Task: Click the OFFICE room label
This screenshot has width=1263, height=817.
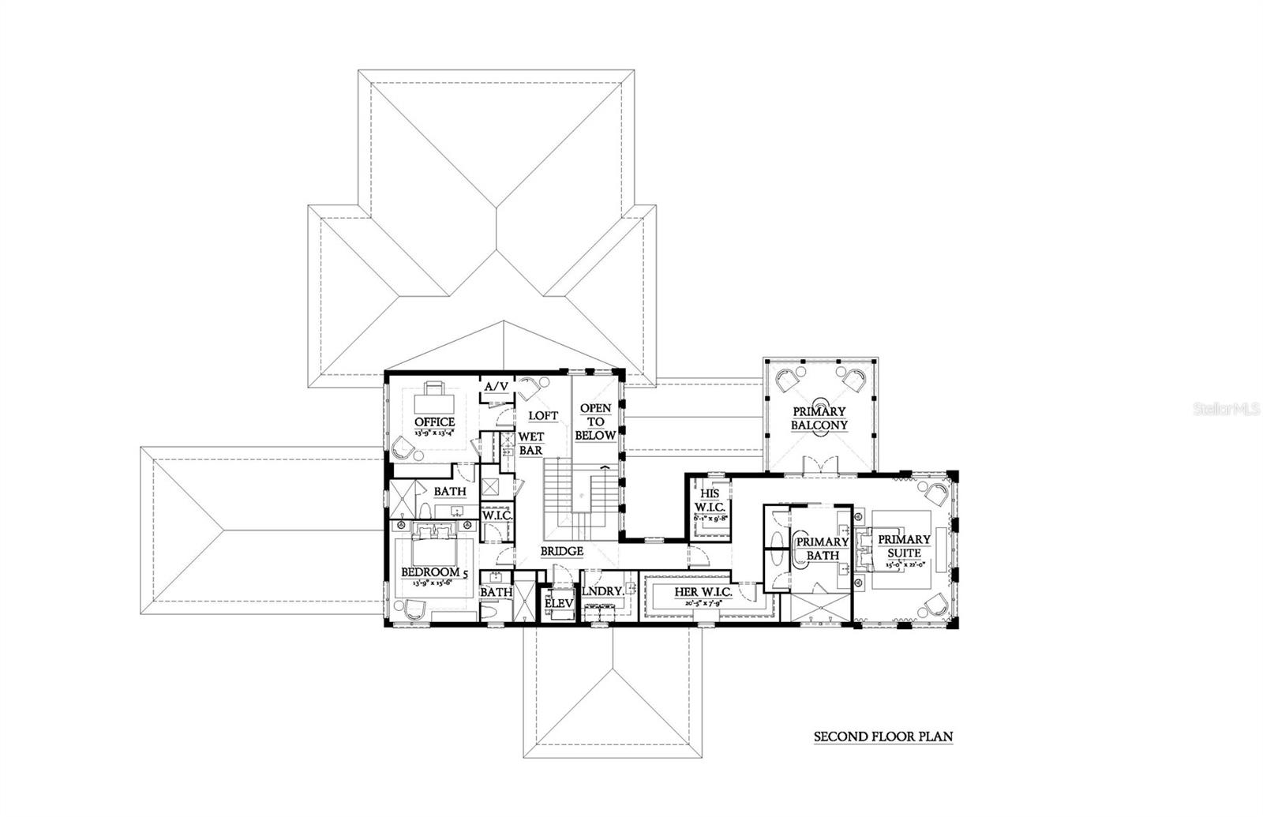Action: [x=433, y=422]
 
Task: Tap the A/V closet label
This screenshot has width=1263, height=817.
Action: [x=496, y=386]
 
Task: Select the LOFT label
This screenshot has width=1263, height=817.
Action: [x=542, y=415]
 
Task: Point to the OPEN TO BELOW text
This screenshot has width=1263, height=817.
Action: [x=595, y=422]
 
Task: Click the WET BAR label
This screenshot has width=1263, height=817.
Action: [x=530, y=444]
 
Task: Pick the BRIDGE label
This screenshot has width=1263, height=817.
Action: [x=561, y=551]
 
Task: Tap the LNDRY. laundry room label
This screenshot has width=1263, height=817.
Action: [x=603, y=590]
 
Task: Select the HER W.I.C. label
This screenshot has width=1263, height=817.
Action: [x=703, y=592]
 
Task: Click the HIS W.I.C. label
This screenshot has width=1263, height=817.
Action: [x=709, y=500]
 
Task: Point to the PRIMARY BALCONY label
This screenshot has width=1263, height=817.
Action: [x=819, y=418]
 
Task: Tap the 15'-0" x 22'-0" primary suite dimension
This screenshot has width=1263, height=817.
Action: [x=903, y=565]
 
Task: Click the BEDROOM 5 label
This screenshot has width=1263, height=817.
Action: [x=431, y=572]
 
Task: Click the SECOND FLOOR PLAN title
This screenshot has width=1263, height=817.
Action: [x=883, y=737]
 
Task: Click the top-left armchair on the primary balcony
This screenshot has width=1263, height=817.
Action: [x=785, y=381]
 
